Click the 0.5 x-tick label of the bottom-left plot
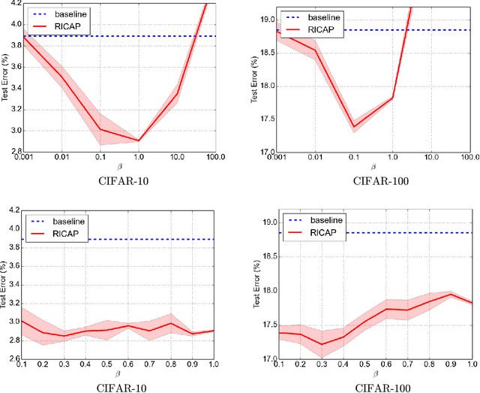pos(106,365)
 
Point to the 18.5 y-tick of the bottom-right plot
pos(265,256)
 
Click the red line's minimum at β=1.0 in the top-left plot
pos(139,140)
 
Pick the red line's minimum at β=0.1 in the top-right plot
pos(352,127)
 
